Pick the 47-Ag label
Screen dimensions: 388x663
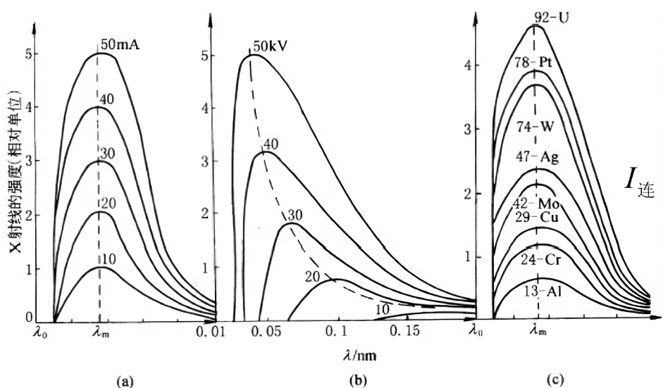[536, 156]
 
